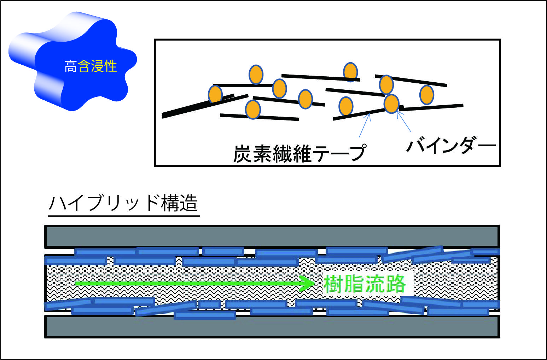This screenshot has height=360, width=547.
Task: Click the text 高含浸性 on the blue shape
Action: tap(91, 66)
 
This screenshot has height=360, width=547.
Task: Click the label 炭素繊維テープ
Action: tap(300, 153)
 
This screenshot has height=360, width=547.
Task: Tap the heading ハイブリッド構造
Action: tap(123, 203)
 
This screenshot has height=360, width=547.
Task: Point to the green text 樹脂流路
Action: tap(365, 284)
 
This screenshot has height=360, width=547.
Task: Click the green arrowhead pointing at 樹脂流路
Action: tap(307, 283)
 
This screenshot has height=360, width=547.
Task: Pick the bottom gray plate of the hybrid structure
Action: tap(272, 326)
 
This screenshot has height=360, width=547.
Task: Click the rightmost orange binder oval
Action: tap(427, 95)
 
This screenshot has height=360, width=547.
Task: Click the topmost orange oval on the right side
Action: tap(350, 72)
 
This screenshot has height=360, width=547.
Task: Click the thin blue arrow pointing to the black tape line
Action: tap(365, 125)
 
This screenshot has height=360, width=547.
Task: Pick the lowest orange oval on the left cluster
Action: tap(253, 109)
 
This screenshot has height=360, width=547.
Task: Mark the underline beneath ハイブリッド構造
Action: tap(124, 216)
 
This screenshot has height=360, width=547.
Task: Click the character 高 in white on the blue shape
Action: tap(71, 66)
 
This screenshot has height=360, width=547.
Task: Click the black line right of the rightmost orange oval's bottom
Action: tap(431, 108)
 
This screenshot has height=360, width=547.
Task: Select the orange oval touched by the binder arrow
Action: tap(391, 104)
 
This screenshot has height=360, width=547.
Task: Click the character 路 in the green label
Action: tap(396, 284)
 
